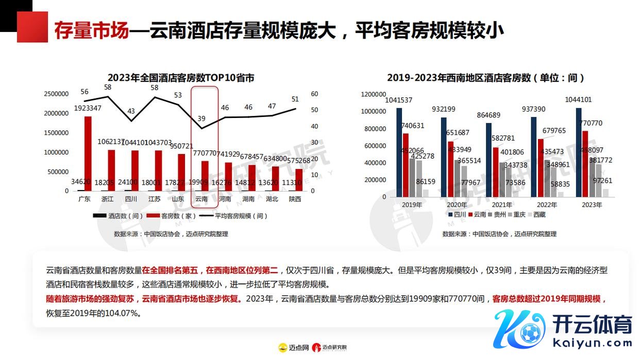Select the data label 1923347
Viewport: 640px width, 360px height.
(88, 108)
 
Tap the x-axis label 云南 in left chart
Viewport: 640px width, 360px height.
(201, 198)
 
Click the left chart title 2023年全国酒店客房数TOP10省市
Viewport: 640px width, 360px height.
(180, 78)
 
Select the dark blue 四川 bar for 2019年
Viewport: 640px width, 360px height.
(399, 152)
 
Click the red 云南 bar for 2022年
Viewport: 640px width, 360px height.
(541, 167)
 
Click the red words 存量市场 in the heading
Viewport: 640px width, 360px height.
(91, 31)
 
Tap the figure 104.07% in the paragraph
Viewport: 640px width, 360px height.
(127, 313)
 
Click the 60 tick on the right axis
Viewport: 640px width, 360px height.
(315, 94)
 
